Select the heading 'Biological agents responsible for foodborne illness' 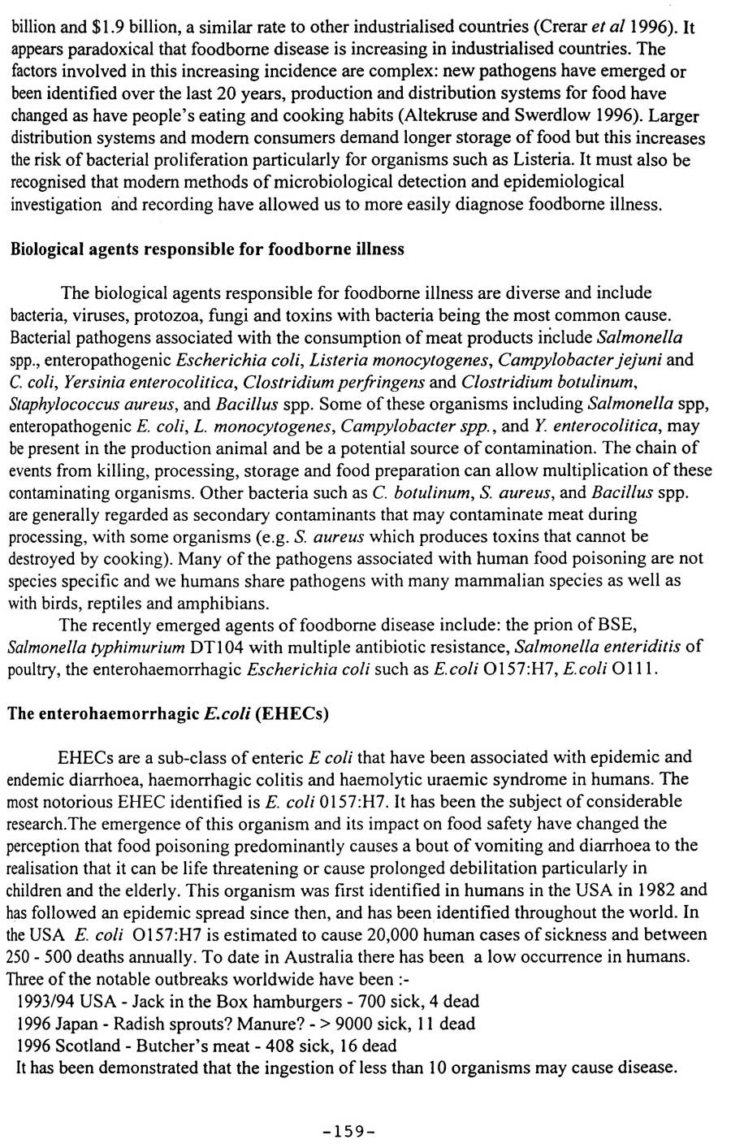coord(207,249)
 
